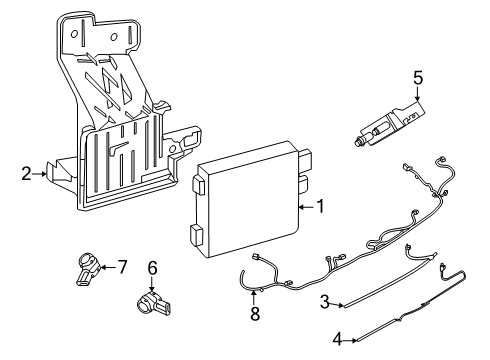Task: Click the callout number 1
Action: coord(320,206)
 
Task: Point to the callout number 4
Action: coord(337,340)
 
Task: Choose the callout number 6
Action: coord(153,267)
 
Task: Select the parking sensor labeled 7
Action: coord(88,267)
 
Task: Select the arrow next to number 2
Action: coord(42,173)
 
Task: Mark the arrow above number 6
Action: coord(153,283)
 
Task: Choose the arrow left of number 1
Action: coord(305,206)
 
